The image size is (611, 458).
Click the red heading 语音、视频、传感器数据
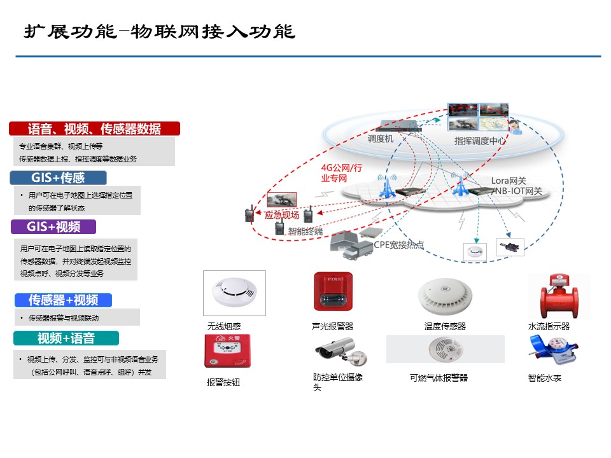(94, 128)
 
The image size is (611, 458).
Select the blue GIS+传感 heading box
(58, 177)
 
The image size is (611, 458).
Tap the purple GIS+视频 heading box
(53, 226)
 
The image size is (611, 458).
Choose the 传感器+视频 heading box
(63, 300)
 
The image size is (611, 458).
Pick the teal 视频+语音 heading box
(66, 338)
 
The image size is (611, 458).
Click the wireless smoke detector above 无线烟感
(234, 293)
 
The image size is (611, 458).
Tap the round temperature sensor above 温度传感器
(445, 296)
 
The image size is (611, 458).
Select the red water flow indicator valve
(559, 296)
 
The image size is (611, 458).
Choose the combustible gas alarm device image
(445, 349)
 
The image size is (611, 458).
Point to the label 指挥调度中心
(480, 141)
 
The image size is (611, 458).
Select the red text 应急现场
(282, 216)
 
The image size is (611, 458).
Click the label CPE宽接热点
(398, 245)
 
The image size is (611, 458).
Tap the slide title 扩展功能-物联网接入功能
(159, 32)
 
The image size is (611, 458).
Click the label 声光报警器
(332, 326)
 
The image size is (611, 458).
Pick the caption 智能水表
(544, 378)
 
